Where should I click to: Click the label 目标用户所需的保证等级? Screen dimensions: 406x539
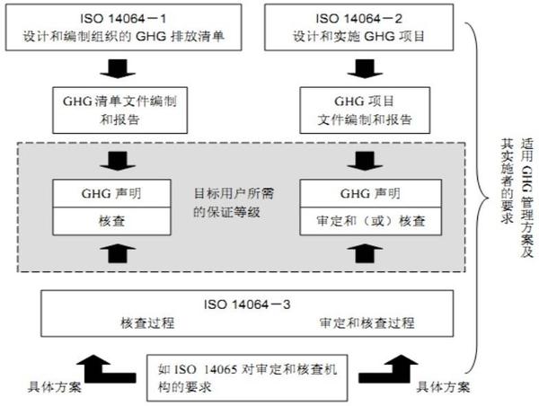click(230, 203)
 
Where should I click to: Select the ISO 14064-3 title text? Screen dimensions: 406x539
click(245, 303)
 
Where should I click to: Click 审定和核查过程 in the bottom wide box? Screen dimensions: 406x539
click(360, 322)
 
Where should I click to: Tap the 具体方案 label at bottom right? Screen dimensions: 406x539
click(442, 387)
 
